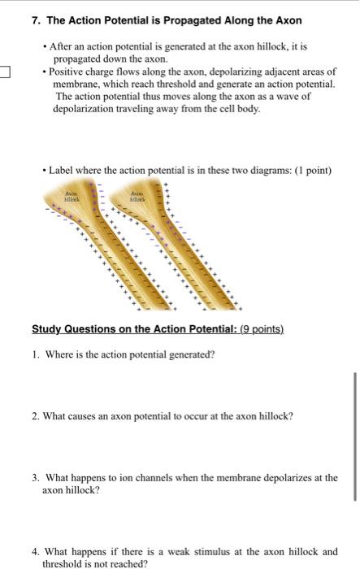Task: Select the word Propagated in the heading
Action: tap(163, 19)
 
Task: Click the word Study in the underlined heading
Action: tap(48, 329)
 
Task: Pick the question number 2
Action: tap(36, 415)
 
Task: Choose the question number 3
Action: tap(36, 478)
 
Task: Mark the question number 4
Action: tap(36, 551)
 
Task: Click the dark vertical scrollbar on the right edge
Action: tap(355, 436)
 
